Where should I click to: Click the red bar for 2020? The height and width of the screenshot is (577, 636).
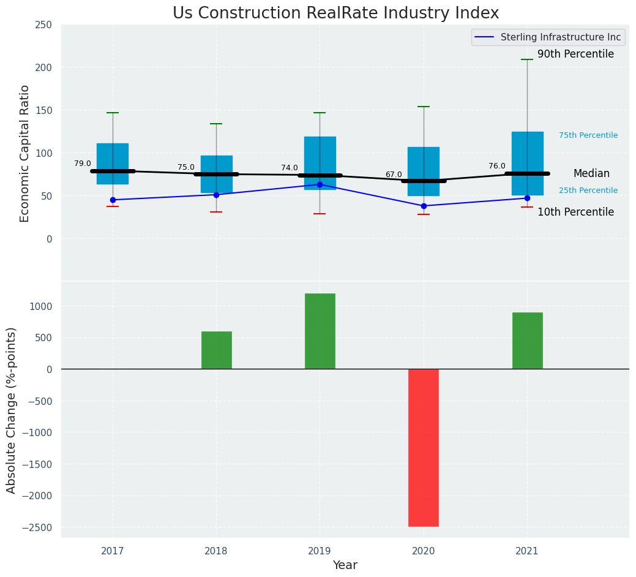tap(424, 447)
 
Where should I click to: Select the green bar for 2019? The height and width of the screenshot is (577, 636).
tap(320, 331)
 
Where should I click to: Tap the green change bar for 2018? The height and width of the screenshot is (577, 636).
tap(217, 350)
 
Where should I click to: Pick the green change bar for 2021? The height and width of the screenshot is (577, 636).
tap(527, 341)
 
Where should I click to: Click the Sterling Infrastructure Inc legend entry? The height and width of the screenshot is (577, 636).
tap(560, 37)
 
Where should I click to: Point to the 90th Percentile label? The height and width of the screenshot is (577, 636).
tap(575, 55)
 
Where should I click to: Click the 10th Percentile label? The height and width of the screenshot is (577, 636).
tap(575, 213)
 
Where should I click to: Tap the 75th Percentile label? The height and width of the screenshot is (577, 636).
tap(588, 135)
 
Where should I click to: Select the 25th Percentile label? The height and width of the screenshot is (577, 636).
tap(588, 190)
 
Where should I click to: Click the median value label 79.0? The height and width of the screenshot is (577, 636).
tap(83, 164)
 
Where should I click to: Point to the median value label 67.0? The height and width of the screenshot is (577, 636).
tap(394, 175)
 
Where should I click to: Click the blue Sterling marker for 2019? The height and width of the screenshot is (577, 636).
tap(320, 184)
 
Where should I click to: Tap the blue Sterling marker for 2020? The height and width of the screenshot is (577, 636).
tap(424, 206)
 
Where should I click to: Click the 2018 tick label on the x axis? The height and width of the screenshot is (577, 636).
tap(216, 551)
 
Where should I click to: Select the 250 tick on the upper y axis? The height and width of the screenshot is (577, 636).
tap(43, 25)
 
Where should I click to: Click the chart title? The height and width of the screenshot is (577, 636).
tap(335, 13)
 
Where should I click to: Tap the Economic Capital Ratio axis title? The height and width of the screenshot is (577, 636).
tap(25, 153)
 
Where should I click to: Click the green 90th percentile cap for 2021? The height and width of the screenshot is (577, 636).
tap(527, 59)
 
